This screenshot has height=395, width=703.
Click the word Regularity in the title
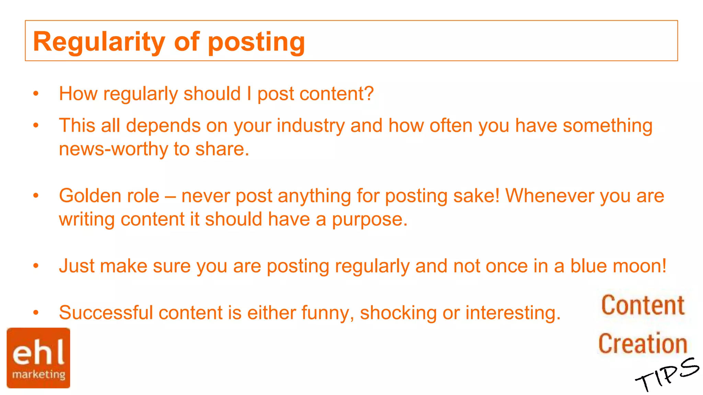coord(99,42)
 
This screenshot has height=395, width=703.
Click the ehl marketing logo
coord(38,358)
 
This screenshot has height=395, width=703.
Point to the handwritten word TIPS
coord(667,374)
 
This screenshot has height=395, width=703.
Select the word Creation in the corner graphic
coord(643,344)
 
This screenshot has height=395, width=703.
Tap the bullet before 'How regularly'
coord(36,94)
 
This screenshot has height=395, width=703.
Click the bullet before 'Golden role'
coord(36,196)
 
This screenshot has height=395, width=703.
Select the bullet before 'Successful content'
coord(36,312)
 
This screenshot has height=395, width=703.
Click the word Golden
coord(90,196)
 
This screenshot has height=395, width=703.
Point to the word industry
coord(310,125)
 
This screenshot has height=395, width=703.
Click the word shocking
coord(398,313)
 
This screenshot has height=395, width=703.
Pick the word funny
coord(327,313)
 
